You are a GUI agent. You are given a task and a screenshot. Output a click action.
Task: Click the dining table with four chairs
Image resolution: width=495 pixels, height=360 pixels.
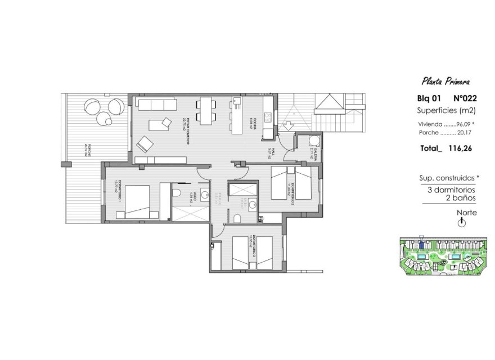206,109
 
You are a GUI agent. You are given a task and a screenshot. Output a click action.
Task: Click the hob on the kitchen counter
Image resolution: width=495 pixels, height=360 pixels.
268,118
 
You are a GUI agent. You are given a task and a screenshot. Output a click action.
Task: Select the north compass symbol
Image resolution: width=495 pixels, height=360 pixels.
462,223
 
